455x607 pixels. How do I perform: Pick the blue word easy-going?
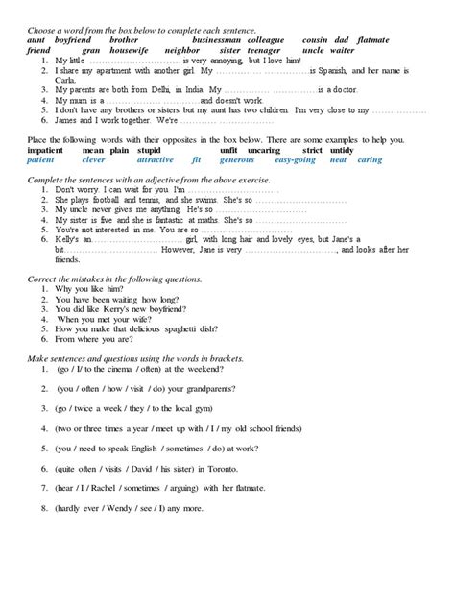[x=295, y=159]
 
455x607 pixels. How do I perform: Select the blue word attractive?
[x=156, y=159]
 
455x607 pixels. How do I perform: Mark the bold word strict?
[x=313, y=151]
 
